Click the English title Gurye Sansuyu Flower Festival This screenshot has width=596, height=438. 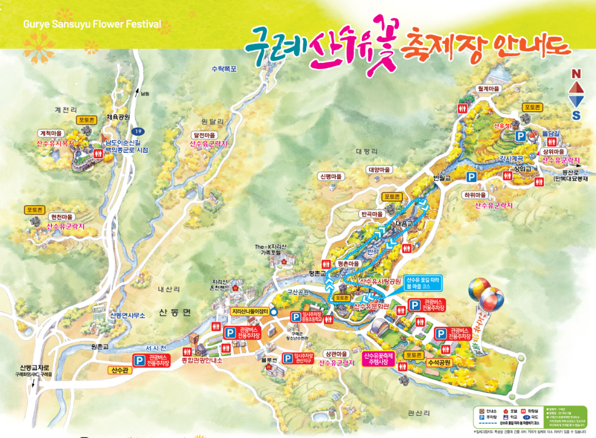click(92, 25)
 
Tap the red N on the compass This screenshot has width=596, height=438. click(576, 74)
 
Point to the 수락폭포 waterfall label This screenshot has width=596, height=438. click(223, 68)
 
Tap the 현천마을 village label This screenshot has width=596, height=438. click(61, 217)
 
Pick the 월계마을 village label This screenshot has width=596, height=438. click(488, 89)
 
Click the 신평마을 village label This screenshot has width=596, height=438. click(331, 176)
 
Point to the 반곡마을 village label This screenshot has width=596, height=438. click(372, 214)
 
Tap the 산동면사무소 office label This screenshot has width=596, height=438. click(127, 315)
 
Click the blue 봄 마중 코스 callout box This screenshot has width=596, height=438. click(422, 282)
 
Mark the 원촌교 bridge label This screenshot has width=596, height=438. click(99, 347)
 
